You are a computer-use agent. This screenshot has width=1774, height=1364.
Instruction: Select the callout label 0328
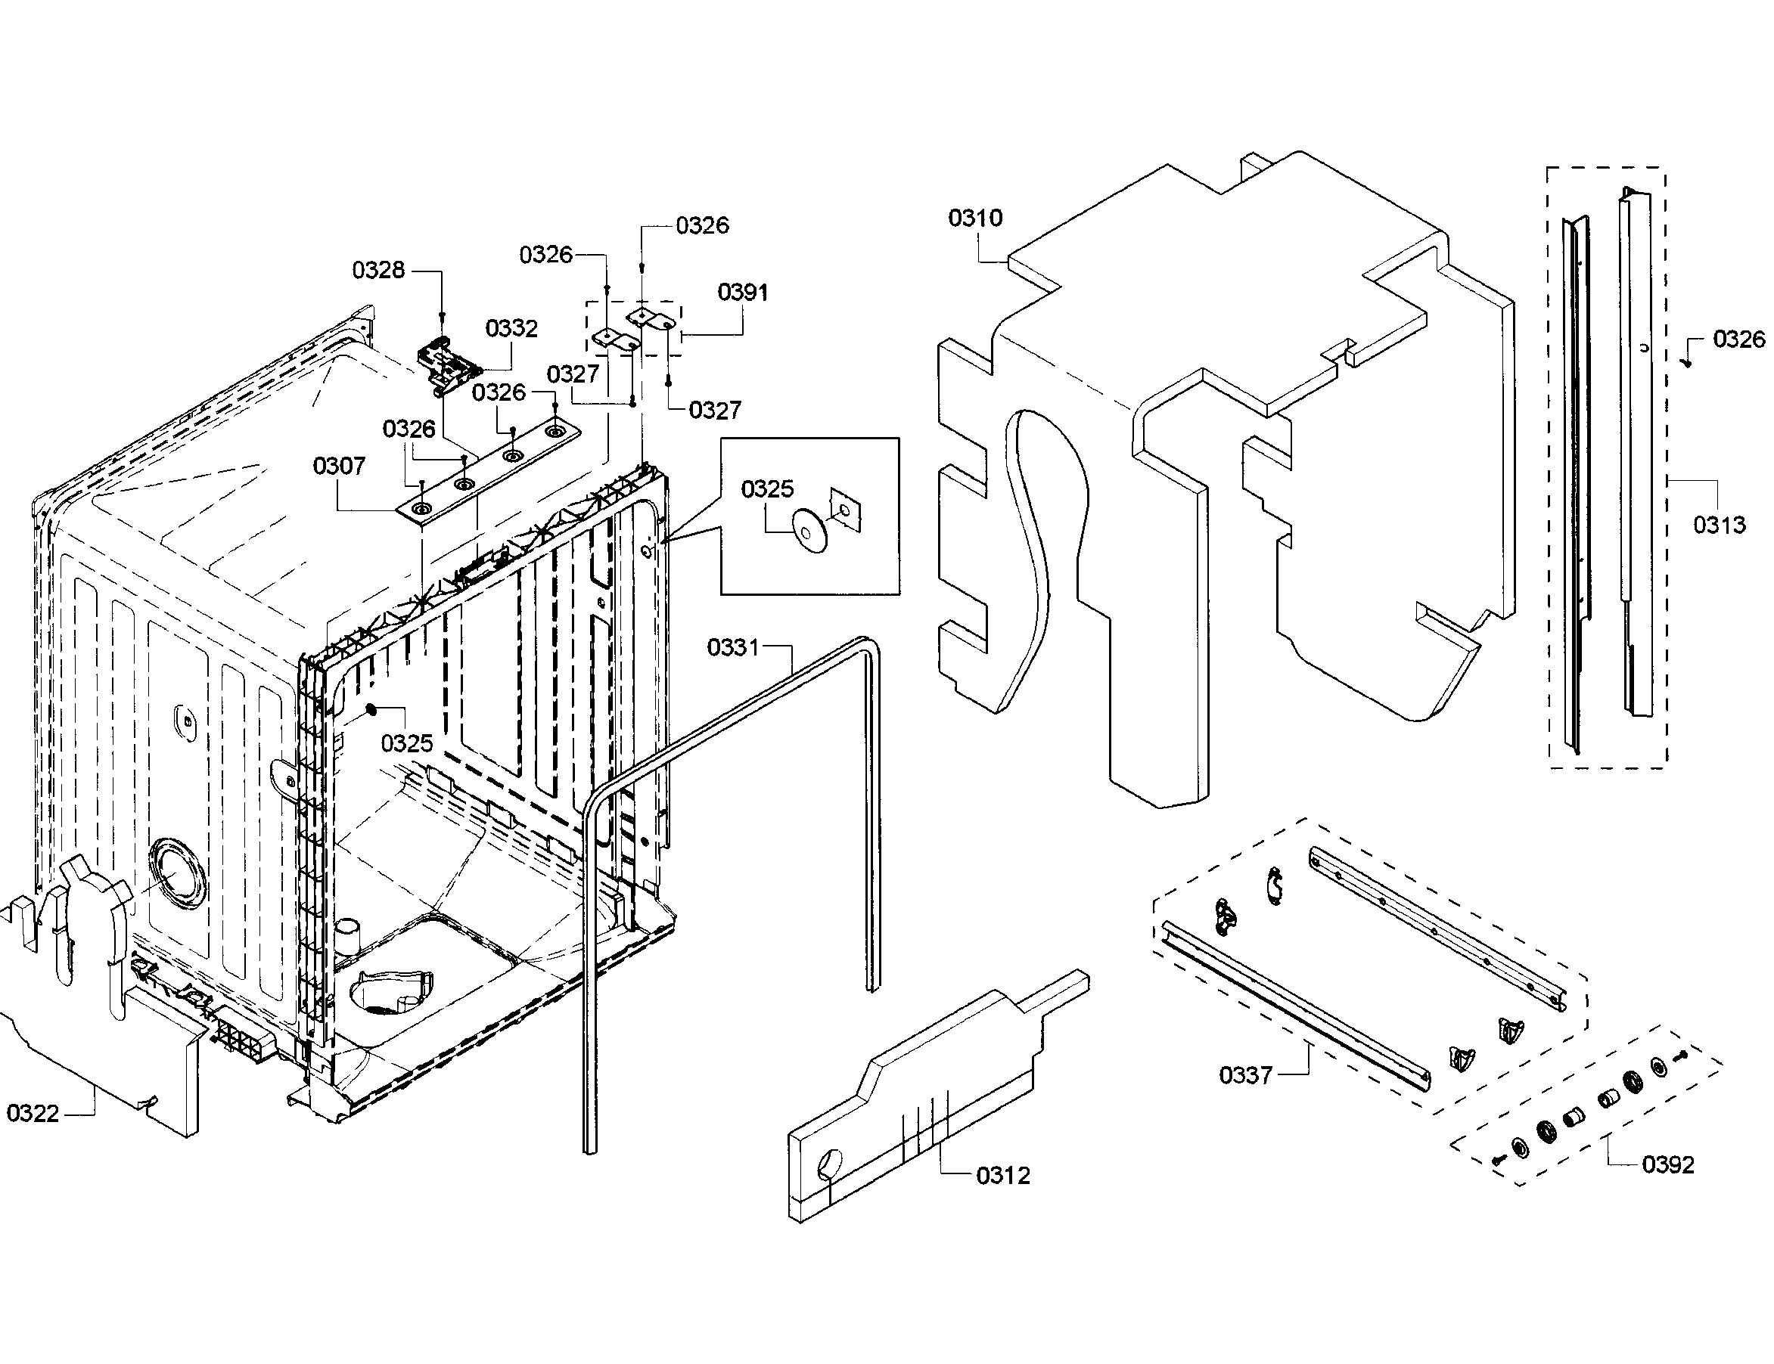[x=377, y=270]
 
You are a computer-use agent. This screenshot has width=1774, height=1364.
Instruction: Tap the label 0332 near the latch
[x=511, y=328]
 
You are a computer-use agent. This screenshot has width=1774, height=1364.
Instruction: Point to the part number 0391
[x=742, y=293]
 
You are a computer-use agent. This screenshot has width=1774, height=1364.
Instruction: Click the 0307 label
[x=339, y=466]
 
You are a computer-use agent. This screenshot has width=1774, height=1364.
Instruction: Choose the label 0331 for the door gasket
[x=732, y=647]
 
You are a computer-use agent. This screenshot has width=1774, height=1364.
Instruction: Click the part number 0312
[x=1002, y=1175]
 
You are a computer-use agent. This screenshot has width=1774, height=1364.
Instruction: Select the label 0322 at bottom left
[x=33, y=1113]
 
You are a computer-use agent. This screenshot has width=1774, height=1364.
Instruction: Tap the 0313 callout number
[x=1719, y=525]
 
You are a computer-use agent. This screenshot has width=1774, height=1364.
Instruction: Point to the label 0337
[x=1245, y=1075]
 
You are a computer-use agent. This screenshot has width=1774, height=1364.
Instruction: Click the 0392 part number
[x=1667, y=1164]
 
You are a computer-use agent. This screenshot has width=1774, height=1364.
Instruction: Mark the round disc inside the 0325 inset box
[x=809, y=532]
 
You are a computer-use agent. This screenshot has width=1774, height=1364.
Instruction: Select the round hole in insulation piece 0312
[x=830, y=1164]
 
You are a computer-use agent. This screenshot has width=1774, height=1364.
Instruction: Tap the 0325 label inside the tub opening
[x=406, y=743]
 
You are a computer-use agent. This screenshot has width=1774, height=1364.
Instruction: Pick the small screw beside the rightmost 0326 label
[x=1686, y=363]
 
